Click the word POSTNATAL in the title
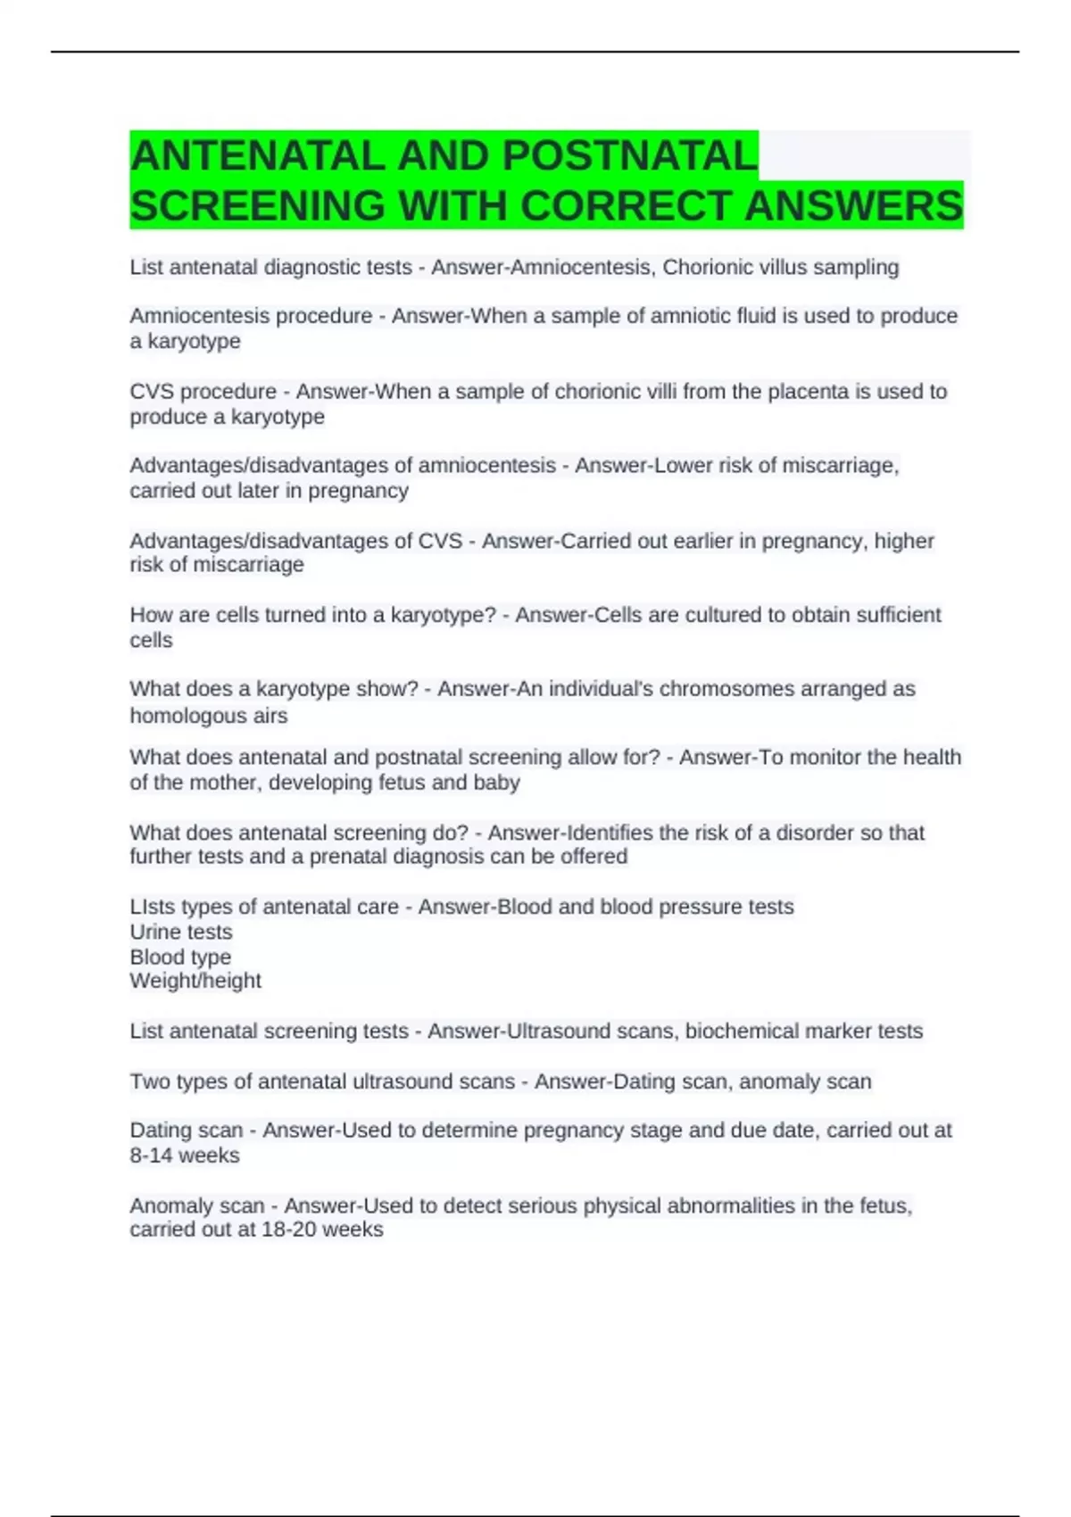[x=629, y=157]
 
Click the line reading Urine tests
[x=181, y=932]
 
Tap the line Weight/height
[x=195, y=981]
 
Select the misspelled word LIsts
[x=153, y=907]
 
